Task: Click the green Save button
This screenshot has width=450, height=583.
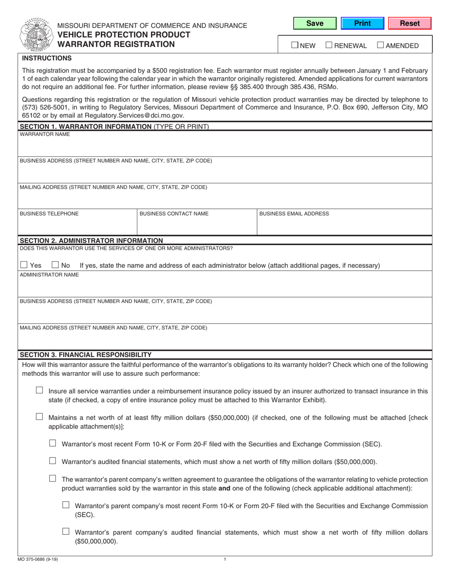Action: (x=315, y=23)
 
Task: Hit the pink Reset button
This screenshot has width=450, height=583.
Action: (x=410, y=23)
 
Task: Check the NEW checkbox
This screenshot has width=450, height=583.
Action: (x=295, y=46)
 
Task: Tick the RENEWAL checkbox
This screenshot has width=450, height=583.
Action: (x=329, y=46)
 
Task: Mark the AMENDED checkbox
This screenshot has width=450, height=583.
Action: (x=380, y=46)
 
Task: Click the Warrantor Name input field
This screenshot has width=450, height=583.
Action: (x=225, y=146)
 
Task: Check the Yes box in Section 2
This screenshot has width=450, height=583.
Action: (x=24, y=265)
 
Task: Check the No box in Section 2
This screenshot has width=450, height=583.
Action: (x=55, y=265)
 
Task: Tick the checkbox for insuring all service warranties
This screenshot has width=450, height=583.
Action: (x=39, y=391)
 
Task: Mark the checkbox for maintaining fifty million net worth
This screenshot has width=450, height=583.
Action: (x=39, y=417)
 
